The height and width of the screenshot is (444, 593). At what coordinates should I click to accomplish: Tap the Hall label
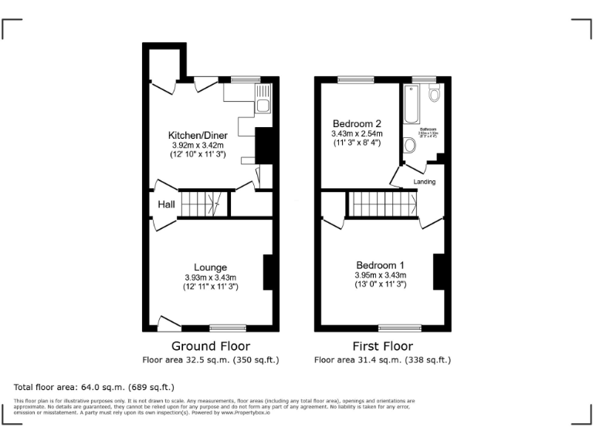166,204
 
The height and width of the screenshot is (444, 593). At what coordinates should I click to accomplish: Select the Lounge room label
210,267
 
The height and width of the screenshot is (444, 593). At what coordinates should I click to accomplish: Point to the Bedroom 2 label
357,124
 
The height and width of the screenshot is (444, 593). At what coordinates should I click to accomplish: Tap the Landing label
425,182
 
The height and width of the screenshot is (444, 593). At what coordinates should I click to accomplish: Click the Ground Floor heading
210,346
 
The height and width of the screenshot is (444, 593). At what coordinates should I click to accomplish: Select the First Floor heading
382,346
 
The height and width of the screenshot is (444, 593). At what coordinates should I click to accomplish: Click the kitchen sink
263,106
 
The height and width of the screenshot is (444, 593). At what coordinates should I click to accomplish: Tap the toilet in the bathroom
435,94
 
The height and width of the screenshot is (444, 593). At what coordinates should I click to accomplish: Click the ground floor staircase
203,205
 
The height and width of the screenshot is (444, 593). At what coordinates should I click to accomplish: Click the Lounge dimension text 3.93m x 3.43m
210,277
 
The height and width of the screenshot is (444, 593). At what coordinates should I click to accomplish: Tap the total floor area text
94,387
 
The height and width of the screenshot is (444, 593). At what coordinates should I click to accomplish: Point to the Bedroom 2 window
355,79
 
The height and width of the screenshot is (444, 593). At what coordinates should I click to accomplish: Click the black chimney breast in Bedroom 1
438,271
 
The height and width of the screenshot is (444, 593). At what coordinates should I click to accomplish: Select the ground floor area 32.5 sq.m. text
210,359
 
